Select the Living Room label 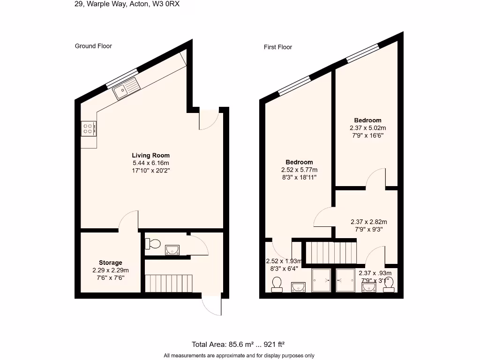click(x=150, y=155)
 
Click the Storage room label click(x=111, y=262)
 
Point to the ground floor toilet click(x=153, y=243)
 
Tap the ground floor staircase click(x=169, y=283)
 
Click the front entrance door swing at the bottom click(x=212, y=306)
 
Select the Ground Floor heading click(x=93, y=46)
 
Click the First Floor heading click(x=278, y=47)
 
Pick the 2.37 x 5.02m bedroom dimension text click(x=368, y=127)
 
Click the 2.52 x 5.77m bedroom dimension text click(x=300, y=170)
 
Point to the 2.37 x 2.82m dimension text click(x=369, y=222)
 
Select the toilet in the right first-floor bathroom click(x=389, y=285)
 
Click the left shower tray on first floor click(x=321, y=280)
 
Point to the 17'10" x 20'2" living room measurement click(x=150, y=171)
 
